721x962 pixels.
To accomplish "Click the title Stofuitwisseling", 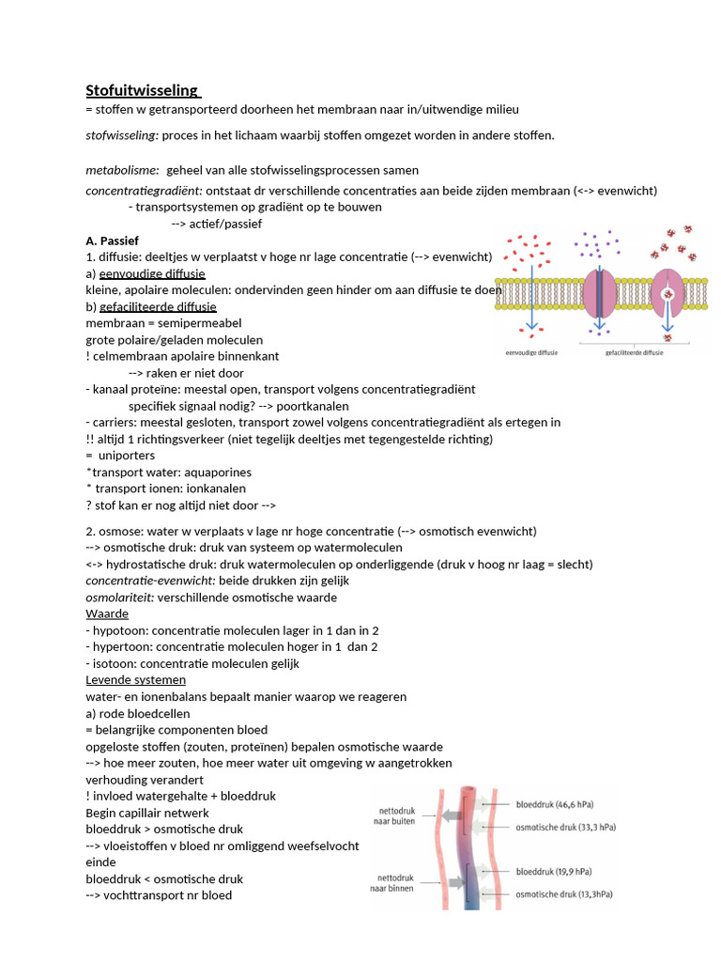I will [142, 91].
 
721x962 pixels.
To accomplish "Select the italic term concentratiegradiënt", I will [144, 190].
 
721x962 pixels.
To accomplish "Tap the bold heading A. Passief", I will [112, 240].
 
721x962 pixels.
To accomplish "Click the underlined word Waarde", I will [107, 613].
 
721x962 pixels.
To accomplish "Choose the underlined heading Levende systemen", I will [135, 679].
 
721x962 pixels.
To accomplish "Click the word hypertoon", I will [122, 647].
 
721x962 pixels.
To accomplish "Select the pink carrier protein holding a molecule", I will [667, 297].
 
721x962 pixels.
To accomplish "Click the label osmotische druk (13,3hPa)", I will [560, 894].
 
